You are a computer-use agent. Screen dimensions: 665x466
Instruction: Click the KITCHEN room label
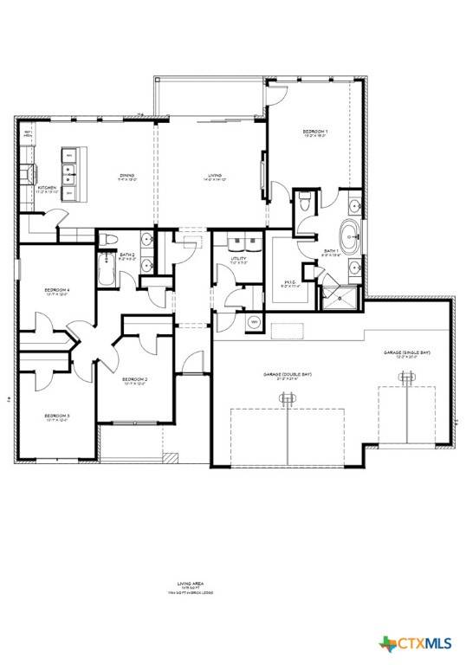click(48, 188)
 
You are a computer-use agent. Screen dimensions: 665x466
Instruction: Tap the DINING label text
click(127, 176)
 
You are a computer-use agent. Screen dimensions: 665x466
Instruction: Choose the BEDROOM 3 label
click(57, 416)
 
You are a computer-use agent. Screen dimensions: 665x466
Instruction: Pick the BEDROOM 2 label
click(134, 379)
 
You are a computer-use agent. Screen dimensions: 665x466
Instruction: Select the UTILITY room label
click(240, 259)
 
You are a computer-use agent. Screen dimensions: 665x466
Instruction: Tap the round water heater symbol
click(254, 322)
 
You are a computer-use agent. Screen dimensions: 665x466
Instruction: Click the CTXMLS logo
click(420, 642)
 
